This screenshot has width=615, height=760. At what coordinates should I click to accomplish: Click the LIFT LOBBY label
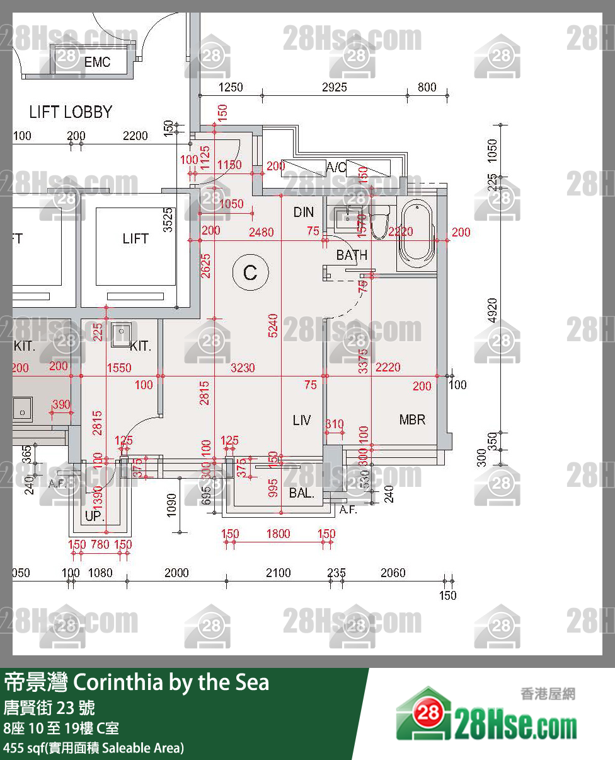[71, 112]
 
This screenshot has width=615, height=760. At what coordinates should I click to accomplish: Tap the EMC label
[97, 62]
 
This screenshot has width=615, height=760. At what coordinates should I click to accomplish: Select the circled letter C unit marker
[250, 273]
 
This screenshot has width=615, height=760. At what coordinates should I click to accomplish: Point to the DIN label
[303, 213]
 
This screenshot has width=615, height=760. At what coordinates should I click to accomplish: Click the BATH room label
[351, 255]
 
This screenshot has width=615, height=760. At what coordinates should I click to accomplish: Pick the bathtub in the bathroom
[417, 233]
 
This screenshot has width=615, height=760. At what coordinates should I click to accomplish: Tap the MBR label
[412, 419]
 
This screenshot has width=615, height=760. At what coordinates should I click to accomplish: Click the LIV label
[302, 419]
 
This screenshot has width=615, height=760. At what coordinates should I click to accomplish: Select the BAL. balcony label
[302, 493]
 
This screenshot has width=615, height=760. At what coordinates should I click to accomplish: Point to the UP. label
[95, 517]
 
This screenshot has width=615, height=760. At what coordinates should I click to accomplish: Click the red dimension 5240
[273, 325]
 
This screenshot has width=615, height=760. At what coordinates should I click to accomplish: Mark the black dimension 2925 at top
[334, 87]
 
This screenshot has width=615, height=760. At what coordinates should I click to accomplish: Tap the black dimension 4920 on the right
[493, 310]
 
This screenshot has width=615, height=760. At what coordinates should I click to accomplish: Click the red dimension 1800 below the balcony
[278, 534]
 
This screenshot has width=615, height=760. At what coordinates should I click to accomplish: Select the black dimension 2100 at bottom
[278, 573]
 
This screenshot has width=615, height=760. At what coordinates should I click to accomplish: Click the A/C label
[336, 167]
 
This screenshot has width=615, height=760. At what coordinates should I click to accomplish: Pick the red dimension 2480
[261, 232]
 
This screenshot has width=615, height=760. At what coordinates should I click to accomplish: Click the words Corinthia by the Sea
[171, 682]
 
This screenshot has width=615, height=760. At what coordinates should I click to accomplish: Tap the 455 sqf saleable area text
[94, 748]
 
